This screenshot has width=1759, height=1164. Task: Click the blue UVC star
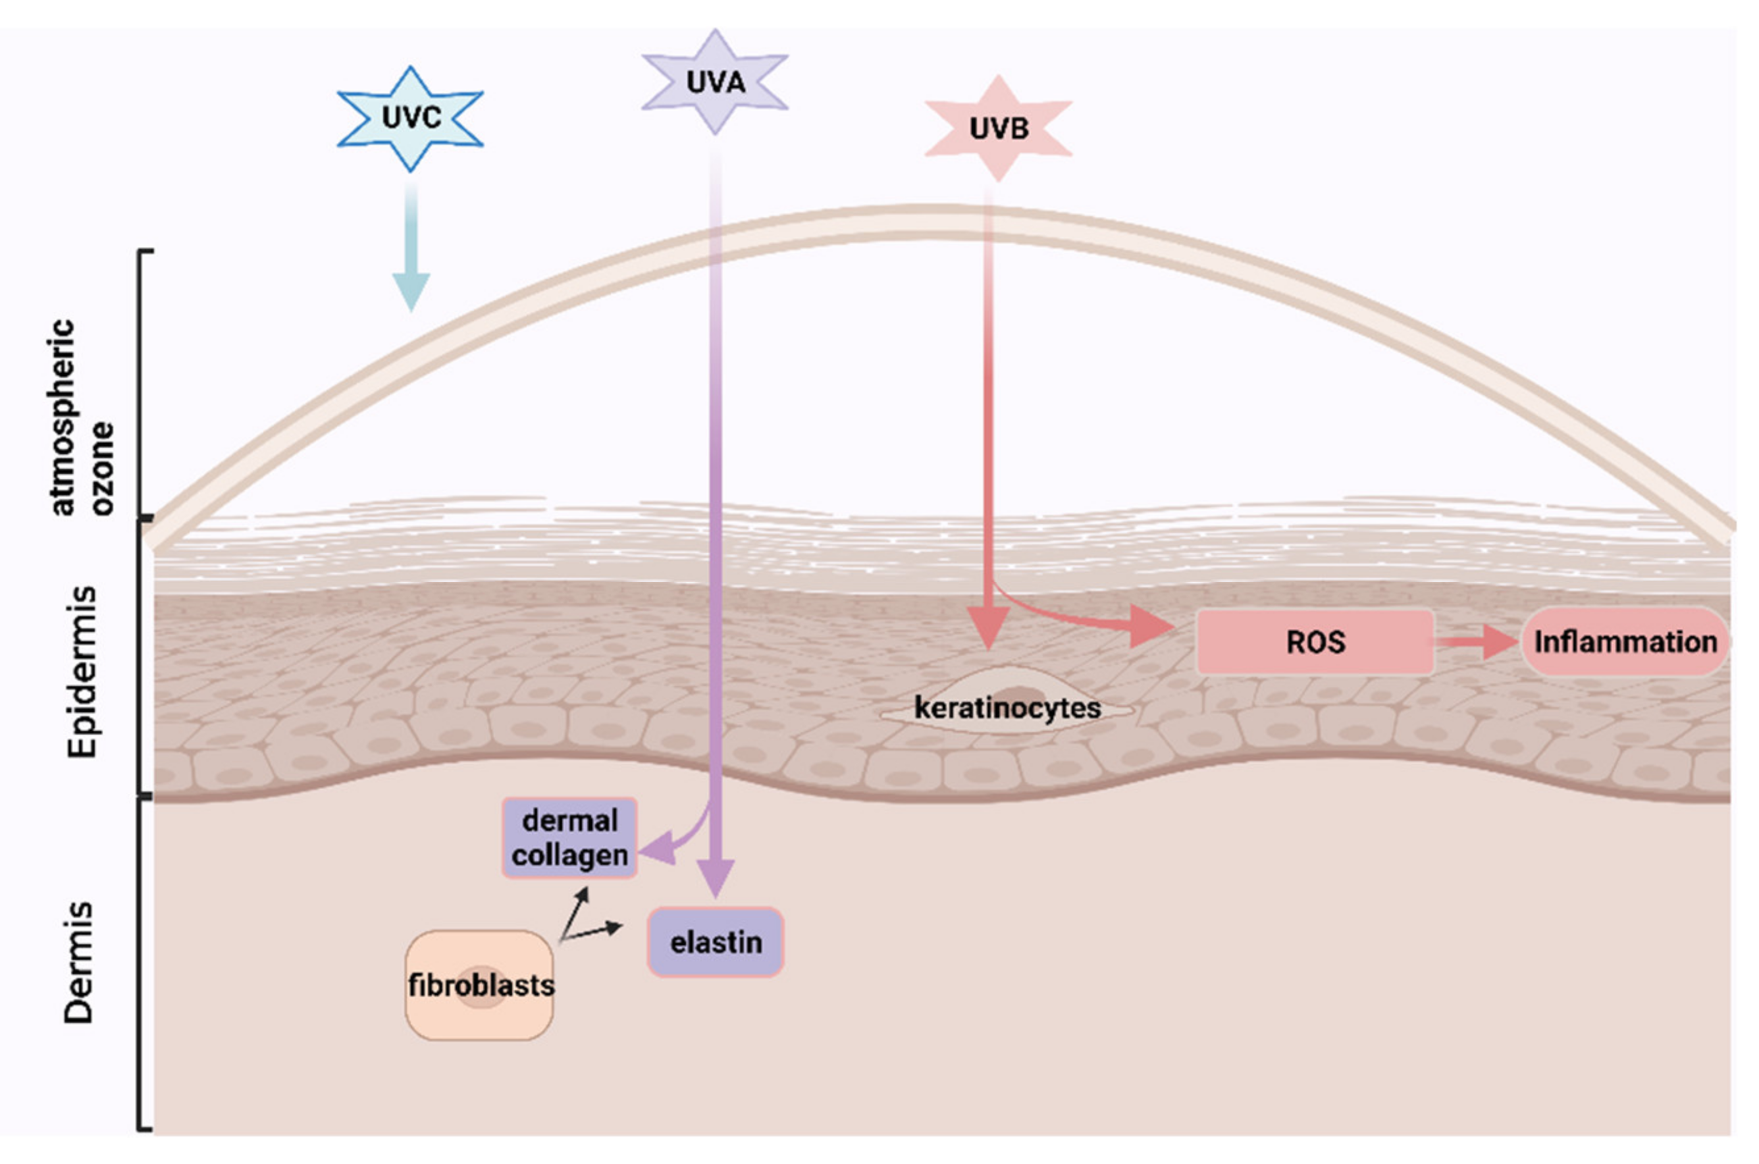(x=410, y=119)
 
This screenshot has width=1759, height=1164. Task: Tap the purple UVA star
(x=715, y=82)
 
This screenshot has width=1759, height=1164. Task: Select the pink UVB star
(x=998, y=128)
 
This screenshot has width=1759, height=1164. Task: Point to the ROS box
(x=1315, y=642)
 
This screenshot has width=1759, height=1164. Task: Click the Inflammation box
(x=1625, y=642)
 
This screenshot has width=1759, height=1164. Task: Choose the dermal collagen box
(x=569, y=838)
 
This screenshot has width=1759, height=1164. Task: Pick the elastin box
(x=716, y=942)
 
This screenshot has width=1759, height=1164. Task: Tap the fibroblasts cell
(x=479, y=985)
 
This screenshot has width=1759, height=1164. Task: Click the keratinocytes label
(x=1007, y=708)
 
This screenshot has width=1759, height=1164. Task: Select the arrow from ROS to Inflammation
(x=1477, y=641)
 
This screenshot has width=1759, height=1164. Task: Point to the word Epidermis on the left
(x=82, y=672)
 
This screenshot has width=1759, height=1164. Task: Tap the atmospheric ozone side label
(x=82, y=417)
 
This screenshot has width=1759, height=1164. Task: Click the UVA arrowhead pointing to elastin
(x=716, y=877)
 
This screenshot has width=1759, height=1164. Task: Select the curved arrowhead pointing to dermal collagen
(x=658, y=848)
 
